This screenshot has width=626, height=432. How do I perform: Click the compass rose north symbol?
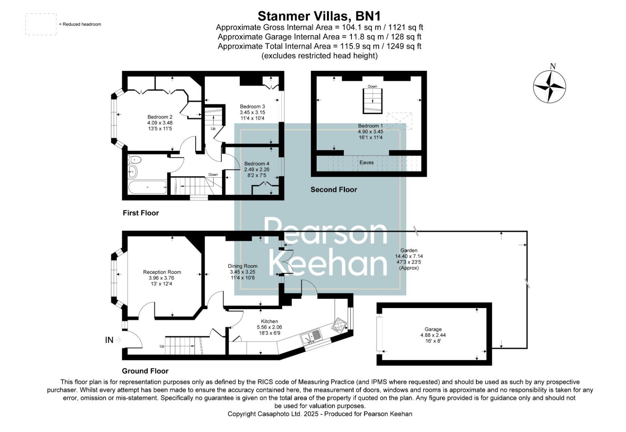pos(549,86)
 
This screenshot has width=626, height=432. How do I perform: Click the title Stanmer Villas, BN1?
pos(319,16)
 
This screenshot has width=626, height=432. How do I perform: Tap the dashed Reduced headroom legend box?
pos(41,24)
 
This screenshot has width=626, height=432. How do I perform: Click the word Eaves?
pos(366,162)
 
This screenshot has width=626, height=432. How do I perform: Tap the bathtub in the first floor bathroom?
pos(147,187)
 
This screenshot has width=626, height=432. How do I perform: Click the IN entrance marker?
pos(109,340)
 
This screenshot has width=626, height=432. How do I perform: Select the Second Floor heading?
pos(333,190)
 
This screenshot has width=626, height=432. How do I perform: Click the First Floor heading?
pos(140,213)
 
